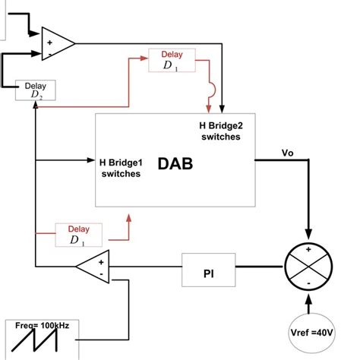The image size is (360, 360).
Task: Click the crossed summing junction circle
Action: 308,267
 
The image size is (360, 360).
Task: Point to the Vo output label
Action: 287,152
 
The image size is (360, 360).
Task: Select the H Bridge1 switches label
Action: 121,167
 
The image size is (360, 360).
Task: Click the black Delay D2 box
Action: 36,90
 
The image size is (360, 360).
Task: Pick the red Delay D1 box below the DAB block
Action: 78,235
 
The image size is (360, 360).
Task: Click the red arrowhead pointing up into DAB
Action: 128,217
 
